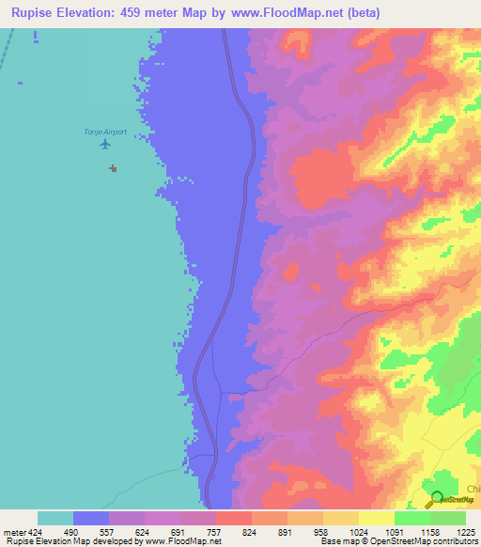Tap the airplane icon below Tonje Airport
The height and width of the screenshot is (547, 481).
[104, 144]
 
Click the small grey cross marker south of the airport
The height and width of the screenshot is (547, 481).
[113, 168]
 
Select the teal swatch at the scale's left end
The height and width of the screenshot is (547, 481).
[55, 518]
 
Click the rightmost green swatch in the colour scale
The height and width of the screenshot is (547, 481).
[448, 518]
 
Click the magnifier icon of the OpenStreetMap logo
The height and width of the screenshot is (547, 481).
[434, 497]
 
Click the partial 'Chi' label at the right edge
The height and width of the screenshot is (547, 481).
[473, 489]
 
